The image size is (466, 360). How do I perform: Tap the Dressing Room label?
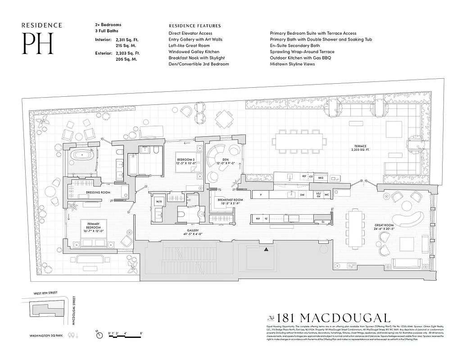pos(98,193)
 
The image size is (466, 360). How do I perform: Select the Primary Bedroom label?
pos(93,226)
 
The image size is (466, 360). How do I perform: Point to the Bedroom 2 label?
pos(185,159)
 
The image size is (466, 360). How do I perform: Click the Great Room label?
pos(384,227)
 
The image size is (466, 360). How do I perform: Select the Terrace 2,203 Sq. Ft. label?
pos(360,148)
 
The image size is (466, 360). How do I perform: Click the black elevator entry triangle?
pos(267,249)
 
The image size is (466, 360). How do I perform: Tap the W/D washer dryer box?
pos(158,202)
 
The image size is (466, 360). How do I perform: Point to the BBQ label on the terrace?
pos(321,178)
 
